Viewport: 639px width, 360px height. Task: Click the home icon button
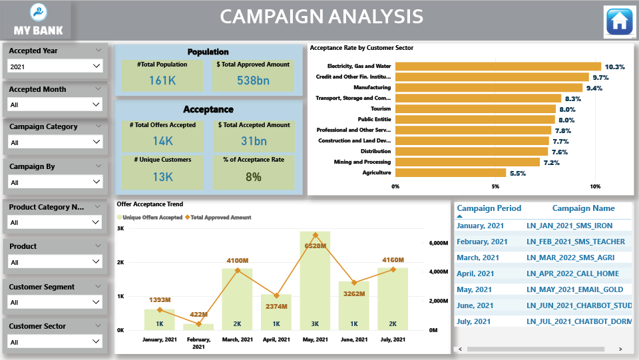click(619, 22)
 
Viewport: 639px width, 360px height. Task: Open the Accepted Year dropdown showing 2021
click(55, 66)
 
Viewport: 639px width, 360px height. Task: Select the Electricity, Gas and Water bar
click(498, 66)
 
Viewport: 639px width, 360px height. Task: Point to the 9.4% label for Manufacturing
click(594, 88)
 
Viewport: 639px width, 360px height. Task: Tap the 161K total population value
click(162, 81)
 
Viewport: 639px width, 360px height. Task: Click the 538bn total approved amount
click(252, 81)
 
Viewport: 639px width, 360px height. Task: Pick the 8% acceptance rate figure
click(252, 176)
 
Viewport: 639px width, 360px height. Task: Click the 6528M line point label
click(315, 246)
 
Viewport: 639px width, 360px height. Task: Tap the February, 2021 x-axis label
click(198, 343)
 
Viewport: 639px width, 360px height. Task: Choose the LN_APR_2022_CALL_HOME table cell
click(572, 273)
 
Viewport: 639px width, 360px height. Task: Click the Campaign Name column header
click(583, 208)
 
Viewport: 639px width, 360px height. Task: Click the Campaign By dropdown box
click(55, 182)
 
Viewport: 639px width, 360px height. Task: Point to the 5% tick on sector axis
click(495, 186)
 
